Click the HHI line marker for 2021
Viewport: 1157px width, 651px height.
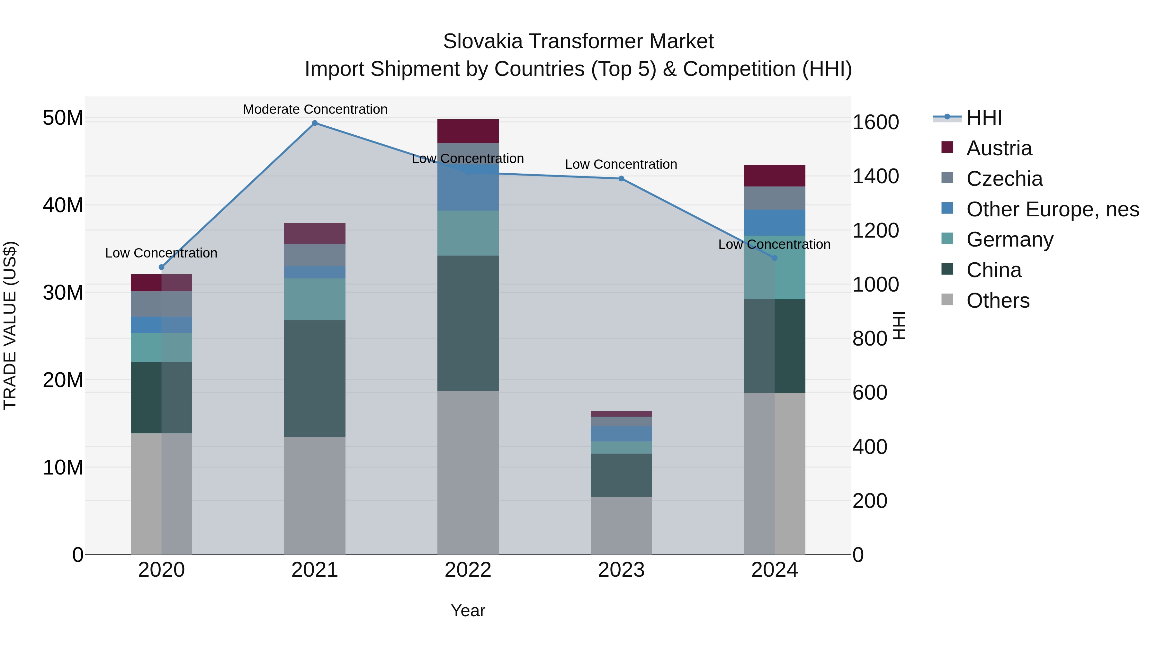click(x=315, y=123)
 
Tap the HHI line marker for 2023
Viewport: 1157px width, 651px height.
click(x=621, y=179)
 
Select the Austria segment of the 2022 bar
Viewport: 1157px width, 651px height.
click(x=468, y=131)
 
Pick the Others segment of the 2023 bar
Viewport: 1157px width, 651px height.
click(x=621, y=525)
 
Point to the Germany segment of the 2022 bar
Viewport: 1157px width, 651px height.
click(x=468, y=233)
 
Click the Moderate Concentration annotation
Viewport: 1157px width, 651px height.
click(x=315, y=109)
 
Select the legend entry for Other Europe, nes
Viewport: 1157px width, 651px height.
click(x=1052, y=209)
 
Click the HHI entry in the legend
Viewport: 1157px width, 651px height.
click(x=984, y=118)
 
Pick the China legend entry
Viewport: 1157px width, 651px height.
click(x=993, y=270)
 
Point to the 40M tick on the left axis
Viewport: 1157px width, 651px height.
click(x=63, y=205)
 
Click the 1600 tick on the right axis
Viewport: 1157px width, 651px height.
click(x=875, y=122)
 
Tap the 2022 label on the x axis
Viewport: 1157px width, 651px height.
click(x=468, y=570)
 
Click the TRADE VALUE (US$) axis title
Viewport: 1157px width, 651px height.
click(x=10, y=325)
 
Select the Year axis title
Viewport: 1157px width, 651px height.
click(x=468, y=610)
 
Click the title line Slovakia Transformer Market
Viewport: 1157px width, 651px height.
click(x=578, y=41)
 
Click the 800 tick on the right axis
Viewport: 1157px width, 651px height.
click(x=870, y=339)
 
